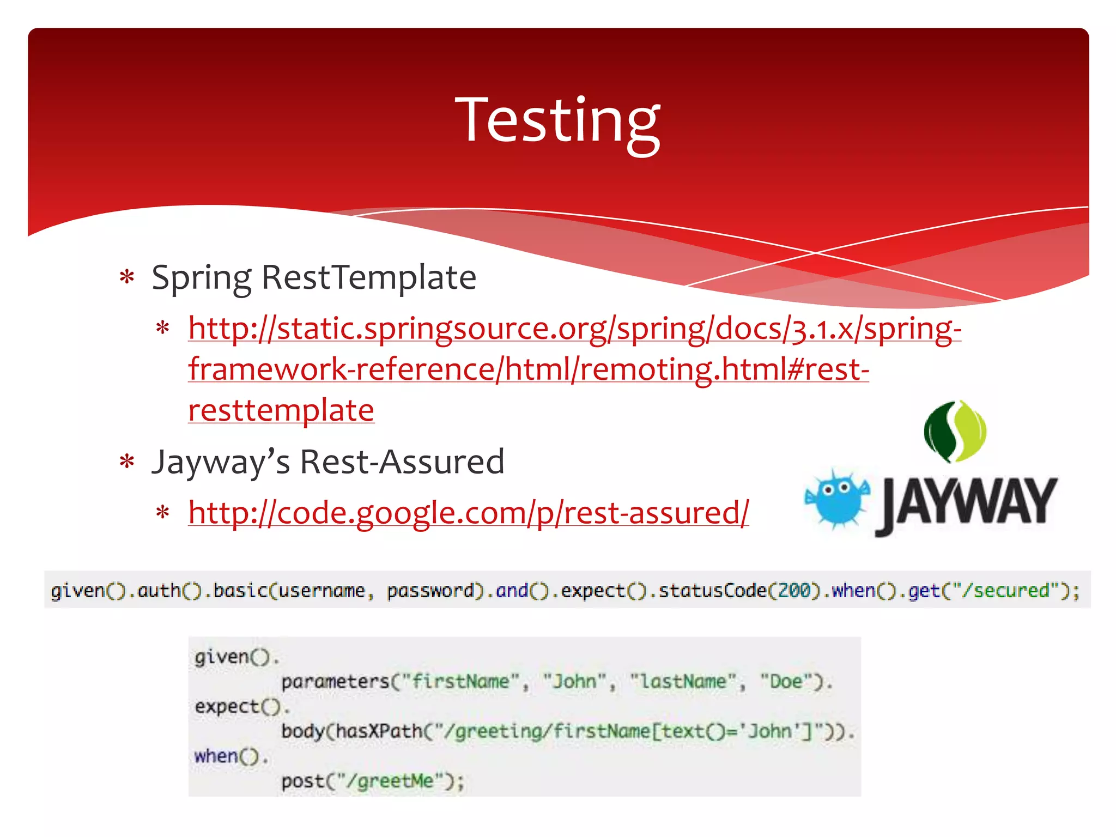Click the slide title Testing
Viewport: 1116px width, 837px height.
(x=557, y=121)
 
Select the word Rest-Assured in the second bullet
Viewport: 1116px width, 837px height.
(x=402, y=462)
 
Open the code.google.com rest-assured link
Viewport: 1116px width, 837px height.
(x=469, y=513)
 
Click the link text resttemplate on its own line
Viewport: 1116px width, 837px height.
(x=281, y=410)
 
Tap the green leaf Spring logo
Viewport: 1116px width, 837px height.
(x=955, y=432)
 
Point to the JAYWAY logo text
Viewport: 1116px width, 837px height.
(x=967, y=504)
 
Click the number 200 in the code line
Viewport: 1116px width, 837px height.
(x=794, y=591)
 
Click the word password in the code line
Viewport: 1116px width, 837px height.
(x=430, y=591)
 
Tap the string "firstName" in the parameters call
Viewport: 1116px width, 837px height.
(x=460, y=682)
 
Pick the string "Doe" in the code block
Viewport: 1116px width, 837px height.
(x=785, y=682)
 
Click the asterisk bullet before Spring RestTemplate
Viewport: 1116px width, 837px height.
(x=127, y=277)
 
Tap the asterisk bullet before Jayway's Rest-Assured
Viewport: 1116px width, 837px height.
(x=127, y=462)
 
